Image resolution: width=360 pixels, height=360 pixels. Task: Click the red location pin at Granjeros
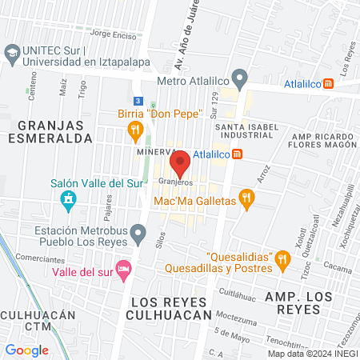point(180,162)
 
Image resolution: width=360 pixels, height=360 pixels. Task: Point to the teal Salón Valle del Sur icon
point(68,198)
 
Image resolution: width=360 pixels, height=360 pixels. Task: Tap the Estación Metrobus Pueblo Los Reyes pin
point(139,234)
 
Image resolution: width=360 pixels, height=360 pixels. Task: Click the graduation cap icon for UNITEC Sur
point(12,55)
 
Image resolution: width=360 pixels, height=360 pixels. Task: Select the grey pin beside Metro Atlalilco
point(241,80)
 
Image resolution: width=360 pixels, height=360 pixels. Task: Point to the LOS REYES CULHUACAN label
point(168,308)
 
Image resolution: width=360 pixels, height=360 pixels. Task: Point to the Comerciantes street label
point(40,259)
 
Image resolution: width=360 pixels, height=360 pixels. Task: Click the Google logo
point(27,350)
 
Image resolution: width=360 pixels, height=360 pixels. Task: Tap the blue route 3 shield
point(138,102)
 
